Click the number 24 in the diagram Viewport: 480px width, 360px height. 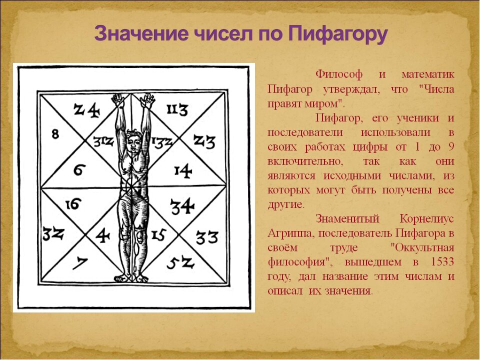point(86,109)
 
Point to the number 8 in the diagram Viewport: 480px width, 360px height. point(55,134)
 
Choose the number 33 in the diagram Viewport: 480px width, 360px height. point(206,237)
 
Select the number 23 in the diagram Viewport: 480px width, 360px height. point(204,142)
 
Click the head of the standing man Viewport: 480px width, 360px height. point(133,137)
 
